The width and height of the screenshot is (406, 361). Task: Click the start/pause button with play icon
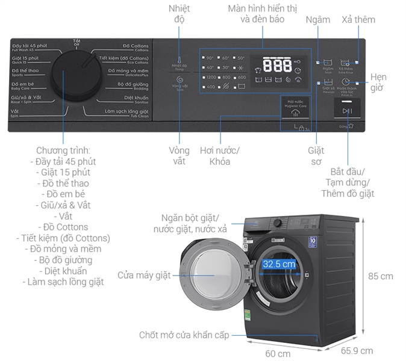(x=346, y=110)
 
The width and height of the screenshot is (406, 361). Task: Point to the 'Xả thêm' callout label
(x=358, y=19)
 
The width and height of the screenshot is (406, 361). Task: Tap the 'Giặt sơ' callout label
(x=316, y=156)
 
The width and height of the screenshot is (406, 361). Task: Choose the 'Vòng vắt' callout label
(x=180, y=156)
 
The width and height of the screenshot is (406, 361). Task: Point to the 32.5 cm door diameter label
(x=279, y=264)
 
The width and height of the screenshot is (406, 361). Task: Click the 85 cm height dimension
(x=381, y=276)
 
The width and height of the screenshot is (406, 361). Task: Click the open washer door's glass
(x=214, y=276)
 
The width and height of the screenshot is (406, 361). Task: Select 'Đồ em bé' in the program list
(x=63, y=194)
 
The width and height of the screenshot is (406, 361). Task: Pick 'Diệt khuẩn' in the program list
(x=63, y=270)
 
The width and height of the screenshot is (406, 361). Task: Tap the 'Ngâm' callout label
(x=317, y=19)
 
